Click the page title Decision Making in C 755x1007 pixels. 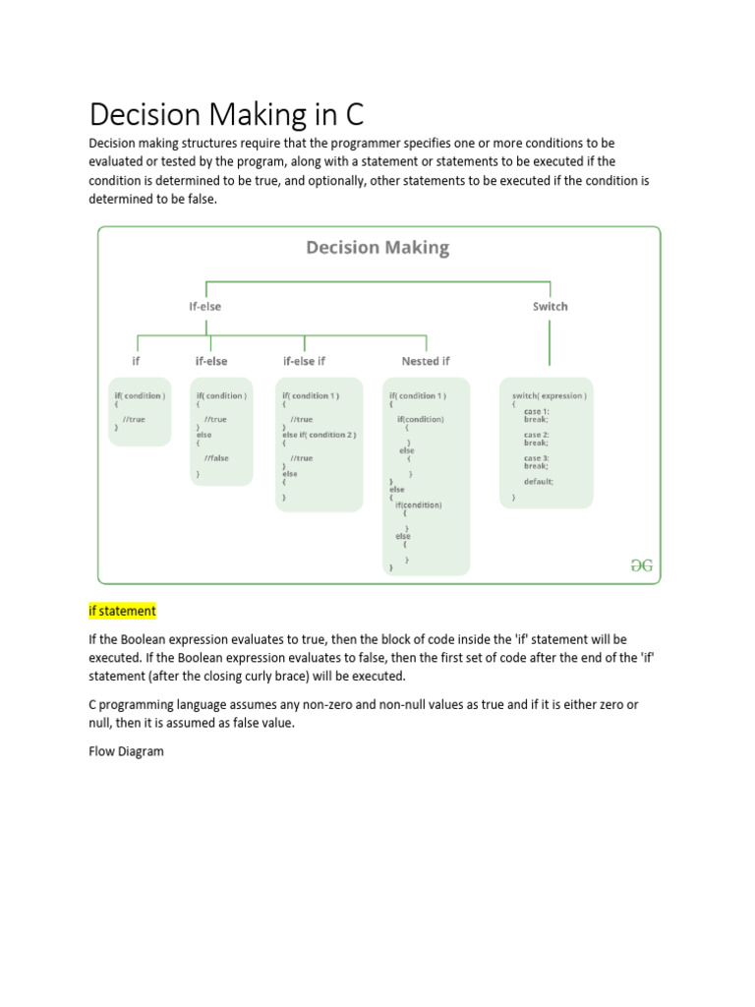click(x=226, y=114)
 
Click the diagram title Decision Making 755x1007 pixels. click(x=377, y=248)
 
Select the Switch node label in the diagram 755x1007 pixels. click(x=550, y=306)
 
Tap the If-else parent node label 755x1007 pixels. click(x=205, y=306)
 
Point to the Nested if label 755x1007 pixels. click(x=426, y=361)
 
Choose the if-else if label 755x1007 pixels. click(x=304, y=361)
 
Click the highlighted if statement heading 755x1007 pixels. click(x=123, y=611)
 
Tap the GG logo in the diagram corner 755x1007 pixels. click(x=642, y=566)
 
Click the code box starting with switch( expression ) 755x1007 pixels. click(x=547, y=443)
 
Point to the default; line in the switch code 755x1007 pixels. click(x=538, y=482)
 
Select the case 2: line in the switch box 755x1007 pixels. click(x=536, y=434)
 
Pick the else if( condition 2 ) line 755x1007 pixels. click(x=319, y=434)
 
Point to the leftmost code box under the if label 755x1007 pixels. click(x=140, y=411)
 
